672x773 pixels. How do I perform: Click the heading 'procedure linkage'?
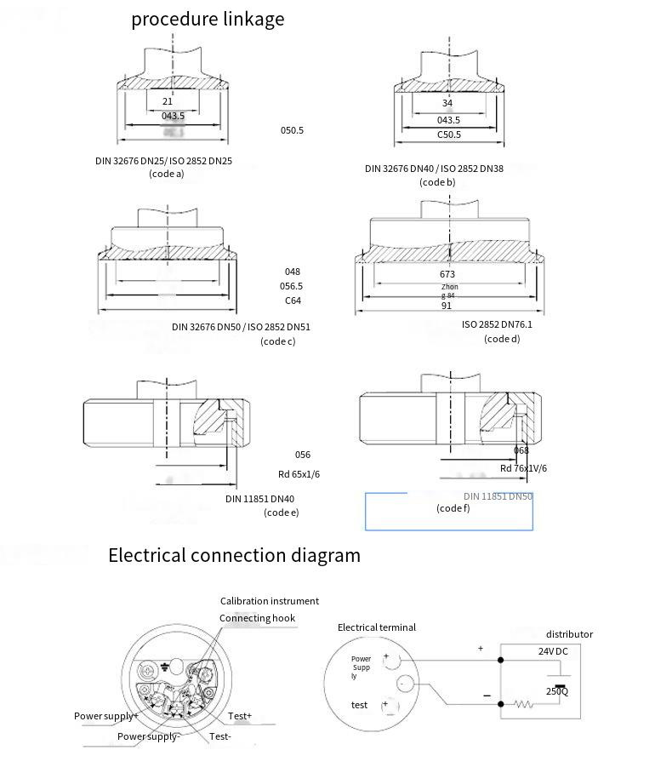(x=208, y=19)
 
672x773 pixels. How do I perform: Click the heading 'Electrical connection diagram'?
(x=234, y=556)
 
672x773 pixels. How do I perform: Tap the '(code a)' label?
(x=167, y=175)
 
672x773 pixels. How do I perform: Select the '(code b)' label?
(x=437, y=182)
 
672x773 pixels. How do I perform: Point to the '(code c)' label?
(x=278, y=341)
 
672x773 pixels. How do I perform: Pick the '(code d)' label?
(x=502, y=339)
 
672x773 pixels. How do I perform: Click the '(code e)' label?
(x=282, y=512)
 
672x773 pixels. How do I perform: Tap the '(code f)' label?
(x=453, y=508)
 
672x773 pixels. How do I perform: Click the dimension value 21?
(x=168, y=101)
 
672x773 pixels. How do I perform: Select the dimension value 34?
(x=447, y=103)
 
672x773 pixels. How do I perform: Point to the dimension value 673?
(x=447, y=274)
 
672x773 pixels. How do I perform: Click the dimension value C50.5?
(x=449, y=135)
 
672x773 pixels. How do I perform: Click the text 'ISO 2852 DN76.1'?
(x=503, y=324)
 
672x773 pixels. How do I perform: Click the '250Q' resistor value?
(x=557, y=691)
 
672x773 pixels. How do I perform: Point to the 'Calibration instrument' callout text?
(x=270, y=601)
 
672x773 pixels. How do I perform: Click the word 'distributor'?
(x=569, y=634)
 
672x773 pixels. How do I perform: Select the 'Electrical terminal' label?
(x=377, y=627)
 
